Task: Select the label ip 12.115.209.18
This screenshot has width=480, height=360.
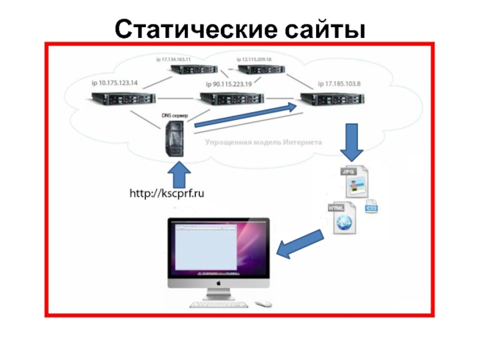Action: point(254,59)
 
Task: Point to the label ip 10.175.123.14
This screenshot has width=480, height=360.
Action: point(115,83)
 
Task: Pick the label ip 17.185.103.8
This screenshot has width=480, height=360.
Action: point(339,83)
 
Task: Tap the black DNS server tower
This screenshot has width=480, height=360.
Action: point(175,139)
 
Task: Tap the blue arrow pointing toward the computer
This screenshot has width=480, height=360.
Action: point(303,244)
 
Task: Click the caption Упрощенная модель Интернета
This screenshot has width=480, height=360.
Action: point(263,143)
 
